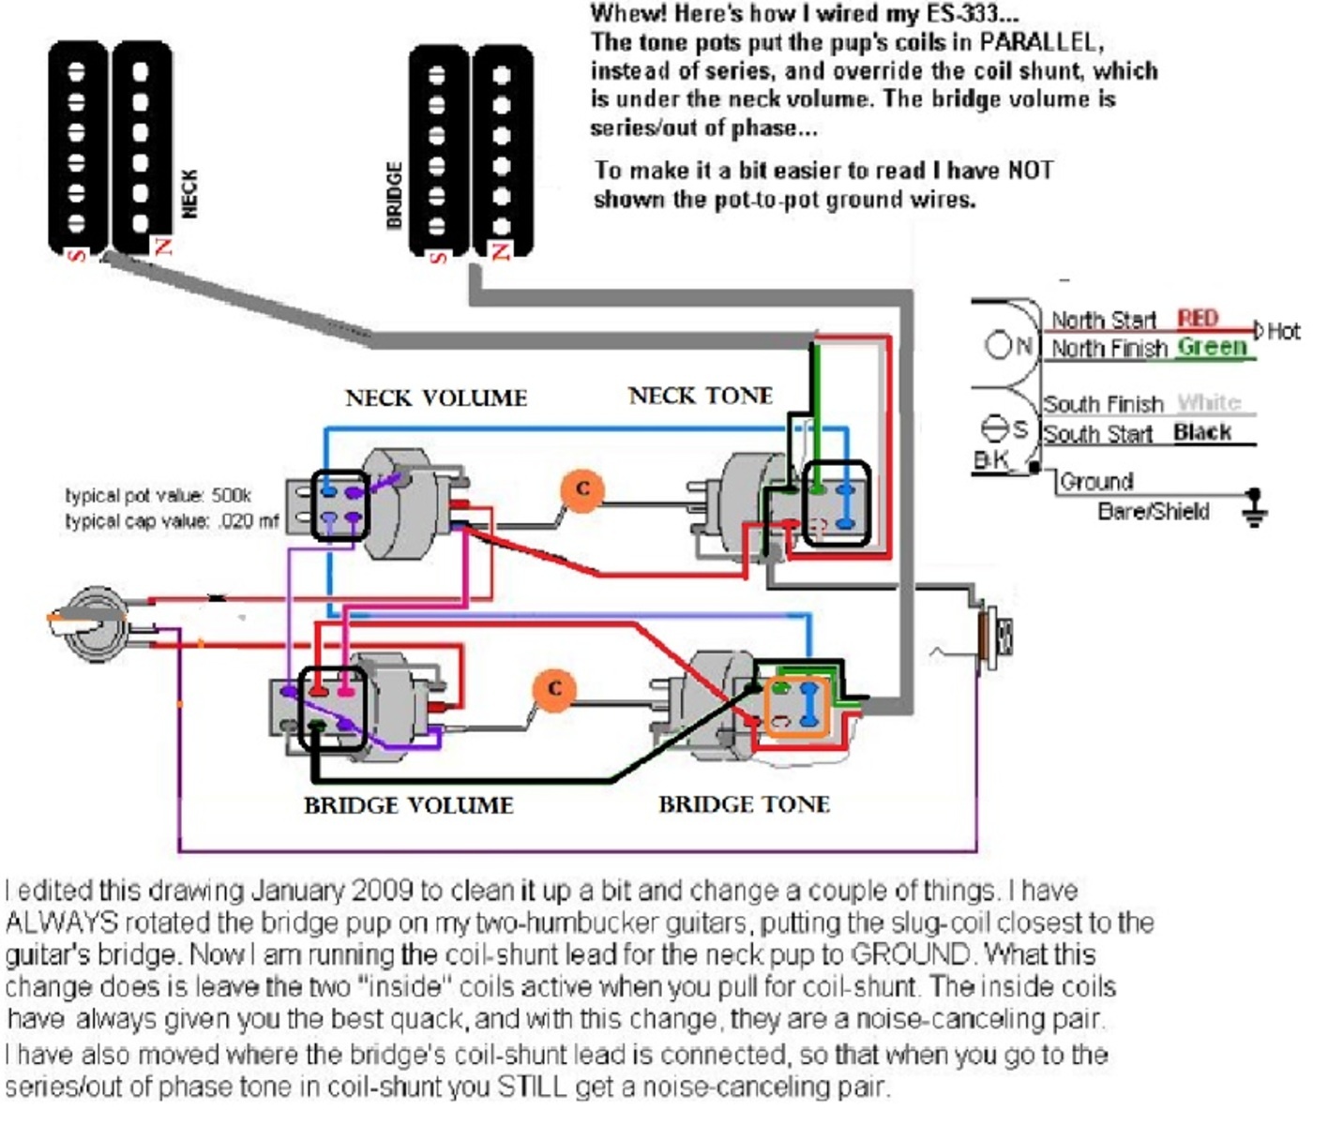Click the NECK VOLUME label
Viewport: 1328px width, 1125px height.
click(436, 398)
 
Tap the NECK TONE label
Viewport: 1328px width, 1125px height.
click(701, 396)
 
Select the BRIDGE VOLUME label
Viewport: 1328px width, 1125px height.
click(409, 805)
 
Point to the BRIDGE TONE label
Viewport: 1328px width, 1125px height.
click(744, 804)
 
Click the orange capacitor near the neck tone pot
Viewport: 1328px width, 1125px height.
click(582, 489)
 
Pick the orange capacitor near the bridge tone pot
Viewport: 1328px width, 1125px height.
click(554, 690)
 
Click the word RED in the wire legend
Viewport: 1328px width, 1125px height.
click(1198, 318)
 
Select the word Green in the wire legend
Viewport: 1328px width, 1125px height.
click(1212, 347)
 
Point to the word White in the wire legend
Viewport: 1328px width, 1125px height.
click(1209, 402)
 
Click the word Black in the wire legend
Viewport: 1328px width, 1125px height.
click(1202, 431)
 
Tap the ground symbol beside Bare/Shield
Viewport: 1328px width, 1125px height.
click(1254, 508)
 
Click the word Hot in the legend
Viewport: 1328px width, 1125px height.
click(1284, 331)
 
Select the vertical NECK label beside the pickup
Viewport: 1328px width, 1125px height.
click(189, 194)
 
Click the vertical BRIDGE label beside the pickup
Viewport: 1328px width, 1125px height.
click(395, 195)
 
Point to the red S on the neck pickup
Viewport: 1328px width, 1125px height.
click(77, 256)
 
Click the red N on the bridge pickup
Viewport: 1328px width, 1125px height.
click(501, 251)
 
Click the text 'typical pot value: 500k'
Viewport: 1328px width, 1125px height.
click(158, 496)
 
